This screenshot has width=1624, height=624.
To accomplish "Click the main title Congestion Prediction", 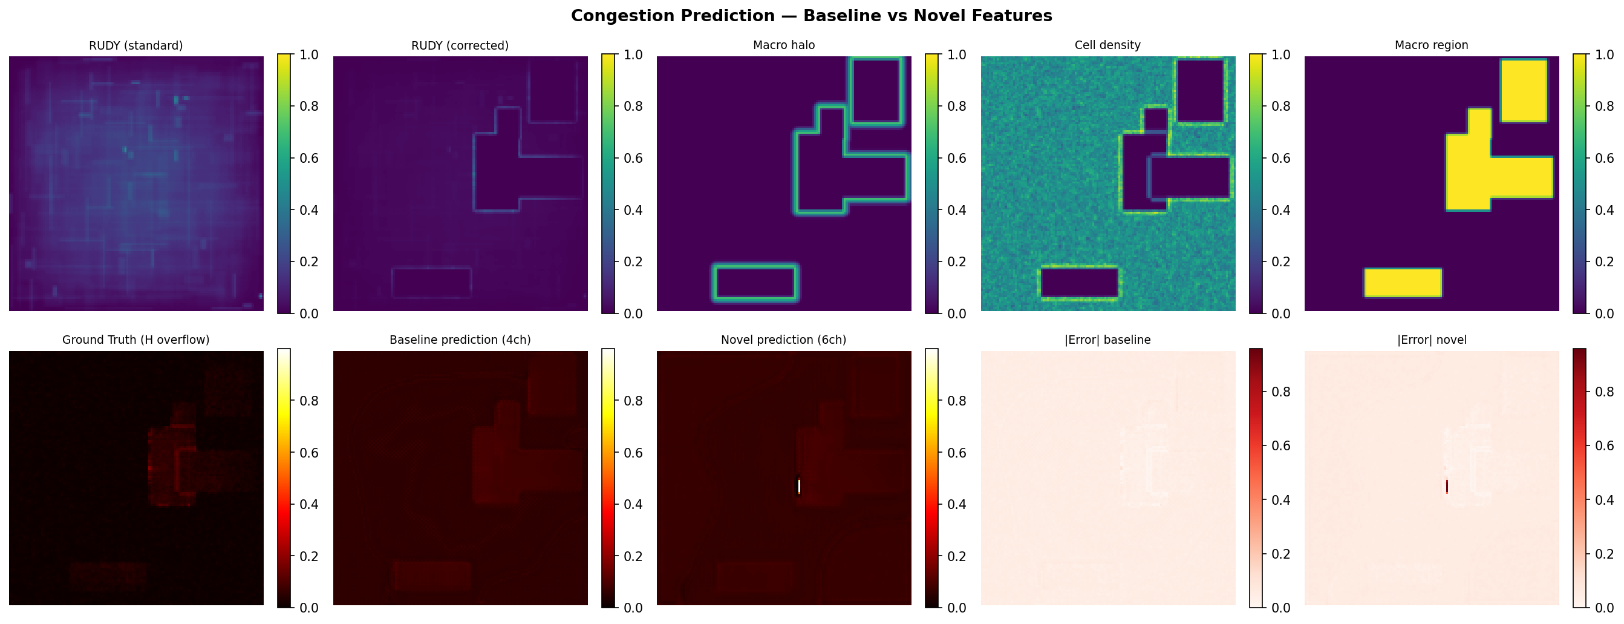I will coord(811,16).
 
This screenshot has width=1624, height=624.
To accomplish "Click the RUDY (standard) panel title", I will coord(136,45).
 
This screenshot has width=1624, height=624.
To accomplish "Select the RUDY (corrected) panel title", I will coord(460,45).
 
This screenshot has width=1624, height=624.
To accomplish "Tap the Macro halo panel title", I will coord(784,45).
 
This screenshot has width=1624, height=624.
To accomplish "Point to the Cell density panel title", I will coord(1107,45).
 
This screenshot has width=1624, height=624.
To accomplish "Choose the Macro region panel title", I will coord(1431,45).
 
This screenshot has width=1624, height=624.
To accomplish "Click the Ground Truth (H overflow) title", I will coord(136,340).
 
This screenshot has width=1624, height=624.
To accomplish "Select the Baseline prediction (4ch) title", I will coord(460,340).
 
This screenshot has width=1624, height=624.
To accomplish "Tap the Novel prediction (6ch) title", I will coord(784,340).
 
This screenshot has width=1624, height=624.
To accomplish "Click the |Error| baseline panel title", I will coord(1107,340).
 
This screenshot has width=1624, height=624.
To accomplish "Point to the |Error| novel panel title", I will coord(1431,340).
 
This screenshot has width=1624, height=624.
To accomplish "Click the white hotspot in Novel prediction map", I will coord(799,487).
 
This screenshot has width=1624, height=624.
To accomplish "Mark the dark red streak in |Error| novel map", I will coord(1447,487).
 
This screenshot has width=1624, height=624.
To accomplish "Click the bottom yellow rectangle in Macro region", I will coord(1403,283).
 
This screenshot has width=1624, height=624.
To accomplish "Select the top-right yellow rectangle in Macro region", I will coord(1524,90).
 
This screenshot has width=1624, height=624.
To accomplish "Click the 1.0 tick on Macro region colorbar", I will coord(1604,55).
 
